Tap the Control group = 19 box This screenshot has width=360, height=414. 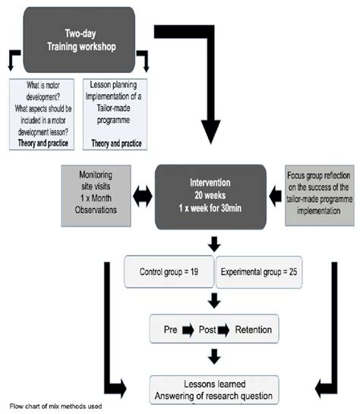pyautogui.click(x=169, y=272)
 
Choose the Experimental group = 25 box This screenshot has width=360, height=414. pyautogui.click(x=259, y=272)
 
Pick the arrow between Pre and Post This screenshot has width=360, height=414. pyautogui.click(x=188, y=332)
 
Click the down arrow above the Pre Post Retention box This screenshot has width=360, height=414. pyautogui.click(x=216, y=302)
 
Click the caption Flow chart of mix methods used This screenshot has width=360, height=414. pyautogui.click(x=56, y=407)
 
